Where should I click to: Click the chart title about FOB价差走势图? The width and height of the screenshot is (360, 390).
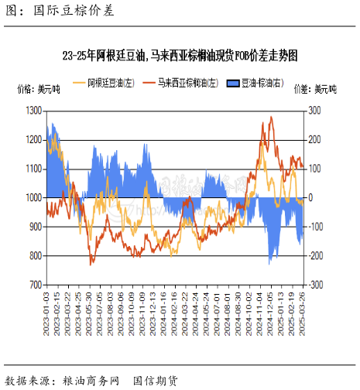pyautogui.click(x=180, y=55)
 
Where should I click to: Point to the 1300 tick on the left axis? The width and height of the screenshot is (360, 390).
pyautogui.click(x=33, y=111)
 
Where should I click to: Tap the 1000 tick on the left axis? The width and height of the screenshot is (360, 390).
pyautogui.click(x=33, y=198)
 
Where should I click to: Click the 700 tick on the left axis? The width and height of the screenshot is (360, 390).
pyautogui.click(x=35, y=285)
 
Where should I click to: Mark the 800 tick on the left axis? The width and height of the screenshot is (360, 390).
pyautogui.click(x=35, y=256)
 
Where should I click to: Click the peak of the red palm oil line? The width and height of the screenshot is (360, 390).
pyautogui.click(x=271, y=117)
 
